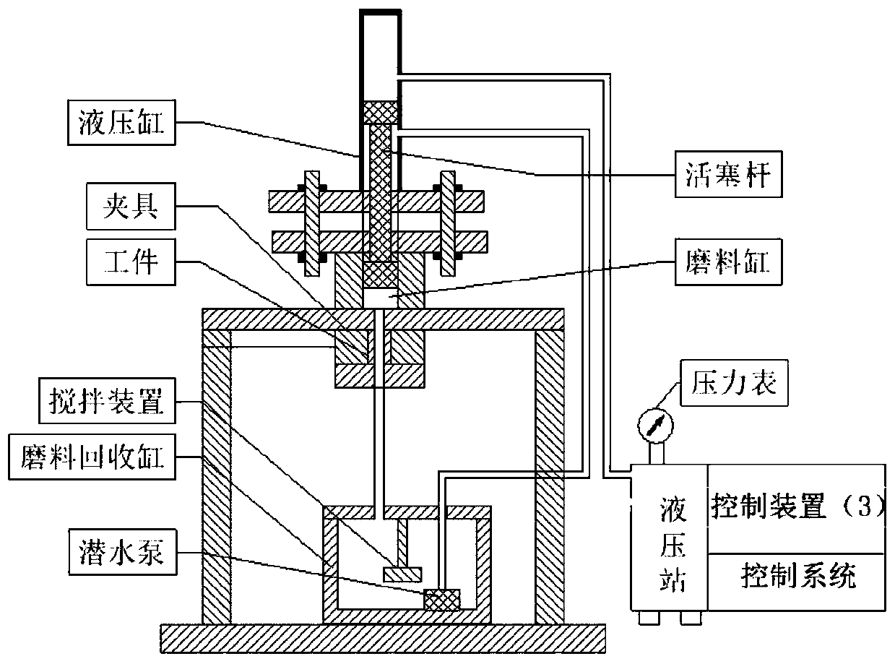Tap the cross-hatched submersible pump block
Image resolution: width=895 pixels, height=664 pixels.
441,599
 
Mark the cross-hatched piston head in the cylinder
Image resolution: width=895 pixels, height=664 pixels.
379,113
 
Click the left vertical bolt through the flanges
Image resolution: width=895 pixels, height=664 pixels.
311,223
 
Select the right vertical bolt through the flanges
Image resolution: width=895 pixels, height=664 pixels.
449,223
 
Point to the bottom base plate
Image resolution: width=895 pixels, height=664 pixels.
382,639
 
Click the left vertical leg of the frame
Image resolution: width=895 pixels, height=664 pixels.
216,477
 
